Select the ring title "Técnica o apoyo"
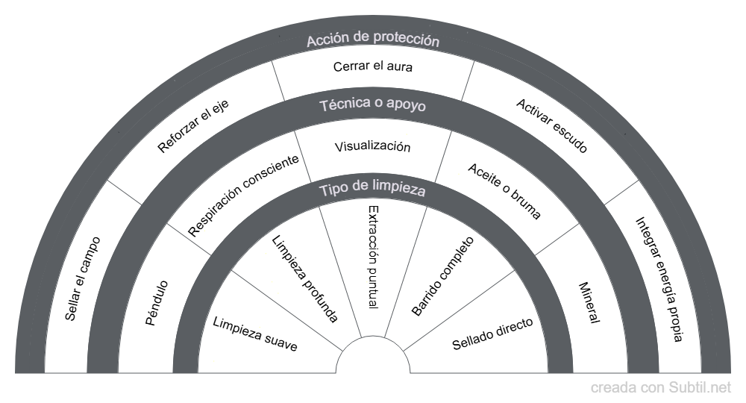pos(372,105)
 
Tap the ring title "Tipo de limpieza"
pos(372,190)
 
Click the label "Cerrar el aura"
pos(372,66)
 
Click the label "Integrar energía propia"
pos(659,279)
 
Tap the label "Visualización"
pos(372,146)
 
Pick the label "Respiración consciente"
pos(244,196)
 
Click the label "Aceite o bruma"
pos(504,190)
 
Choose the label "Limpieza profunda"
pos(304,278)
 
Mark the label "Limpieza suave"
pos(255,334)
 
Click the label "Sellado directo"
pos(492,334)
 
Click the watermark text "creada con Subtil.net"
pos(661,387)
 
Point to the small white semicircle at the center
pos(373,360)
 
